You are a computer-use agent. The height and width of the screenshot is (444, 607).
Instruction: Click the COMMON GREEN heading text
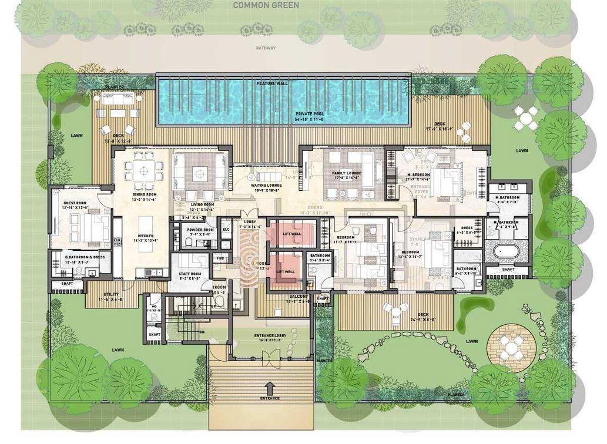[x=266, y=5]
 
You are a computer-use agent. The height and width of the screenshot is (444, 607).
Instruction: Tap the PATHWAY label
[x=266, y=48]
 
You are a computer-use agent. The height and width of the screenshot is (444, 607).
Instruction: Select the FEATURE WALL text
[x=272, y=84]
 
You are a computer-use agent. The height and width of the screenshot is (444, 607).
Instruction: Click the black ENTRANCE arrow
[x=270, y=388]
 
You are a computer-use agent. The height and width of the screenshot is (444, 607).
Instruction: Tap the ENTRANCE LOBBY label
[x=270, y=335]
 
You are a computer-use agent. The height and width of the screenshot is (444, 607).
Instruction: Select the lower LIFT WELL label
[x=286, y=271]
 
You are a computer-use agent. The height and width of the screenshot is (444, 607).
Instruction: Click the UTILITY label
[x=111, y=294]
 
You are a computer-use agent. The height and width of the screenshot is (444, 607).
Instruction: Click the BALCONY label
[x=299, y=297]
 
